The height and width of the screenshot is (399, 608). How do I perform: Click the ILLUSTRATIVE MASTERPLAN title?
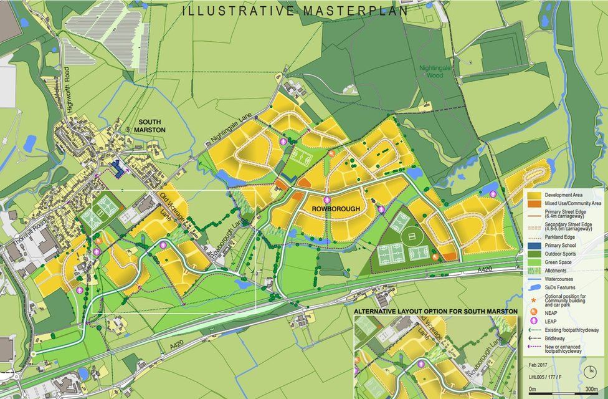point(296,11)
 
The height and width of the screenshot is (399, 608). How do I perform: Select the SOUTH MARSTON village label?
point(152,125)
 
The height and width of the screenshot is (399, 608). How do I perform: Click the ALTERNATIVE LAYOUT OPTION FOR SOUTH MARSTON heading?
point(435,310)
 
